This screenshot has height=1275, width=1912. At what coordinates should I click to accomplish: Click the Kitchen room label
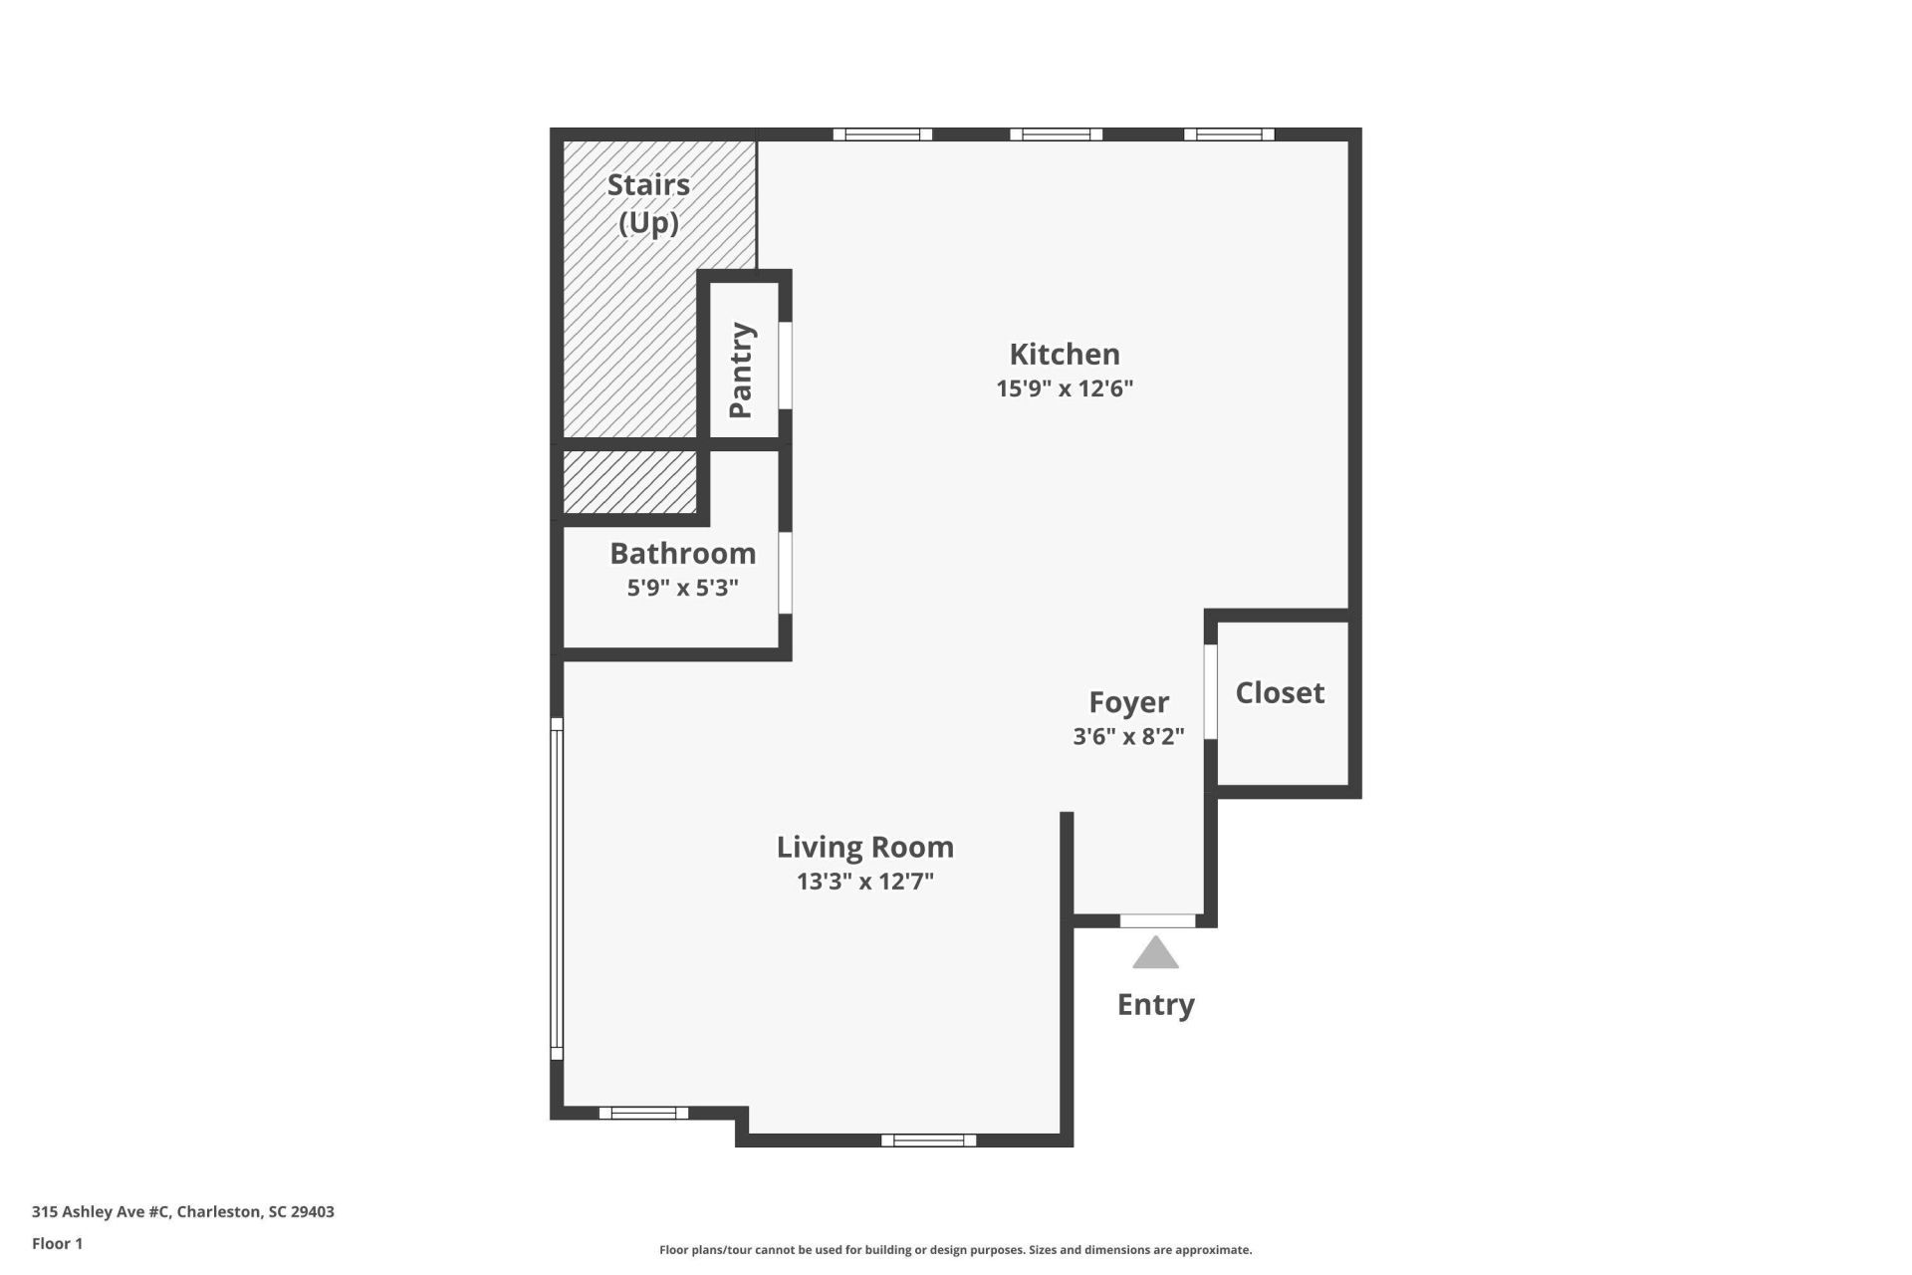pyautogui.click(x=1065, y=354)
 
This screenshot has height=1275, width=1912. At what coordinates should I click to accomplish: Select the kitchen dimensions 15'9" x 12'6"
pyautogui.click(x=1065, y=388)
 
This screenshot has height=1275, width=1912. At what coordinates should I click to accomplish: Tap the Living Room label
pyautogui.click(x=864, y=847)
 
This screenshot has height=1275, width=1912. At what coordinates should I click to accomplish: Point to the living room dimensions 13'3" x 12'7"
pyautogui.click(x=864, y=882)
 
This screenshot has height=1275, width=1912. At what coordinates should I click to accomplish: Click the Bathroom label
pyautogui.click(x=682, y=553)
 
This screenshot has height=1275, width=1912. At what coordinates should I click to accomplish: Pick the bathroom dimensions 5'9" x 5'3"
pyautogui.click(x=682, y=588)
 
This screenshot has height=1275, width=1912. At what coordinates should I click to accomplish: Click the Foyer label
pyautogui.click(x=1128, y=702)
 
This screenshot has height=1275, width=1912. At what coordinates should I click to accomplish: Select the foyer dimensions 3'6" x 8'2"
pyautogui.click(x=1128, y=736)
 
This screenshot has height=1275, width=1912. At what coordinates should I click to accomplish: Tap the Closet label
pyautogui.click(x=1280, y=692)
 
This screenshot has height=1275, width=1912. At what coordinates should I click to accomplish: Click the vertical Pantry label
pyautogui.click(x=740, y=370)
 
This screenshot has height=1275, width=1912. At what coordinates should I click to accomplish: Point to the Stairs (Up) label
pyautogui.click(x=648, y=202)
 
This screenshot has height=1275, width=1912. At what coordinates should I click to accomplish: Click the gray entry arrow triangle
pyautogui.click(x=1155, y=954)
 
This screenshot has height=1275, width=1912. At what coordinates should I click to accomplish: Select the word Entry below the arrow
pyautogui.click(x=1155, y=1004)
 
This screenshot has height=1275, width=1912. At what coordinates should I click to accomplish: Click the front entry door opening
pyautogui.click(x=1157, y=920)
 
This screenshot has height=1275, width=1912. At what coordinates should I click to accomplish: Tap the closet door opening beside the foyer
pyautogui.click(x=1211, y=692)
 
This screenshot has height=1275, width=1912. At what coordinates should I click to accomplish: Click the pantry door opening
pyautogui.click(x=785, y=365)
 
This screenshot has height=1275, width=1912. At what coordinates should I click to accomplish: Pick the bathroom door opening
pyautogui.click(x=785, y=573)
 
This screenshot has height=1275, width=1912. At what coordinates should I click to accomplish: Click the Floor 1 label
pyautogui.click(x=58, y=1243)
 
